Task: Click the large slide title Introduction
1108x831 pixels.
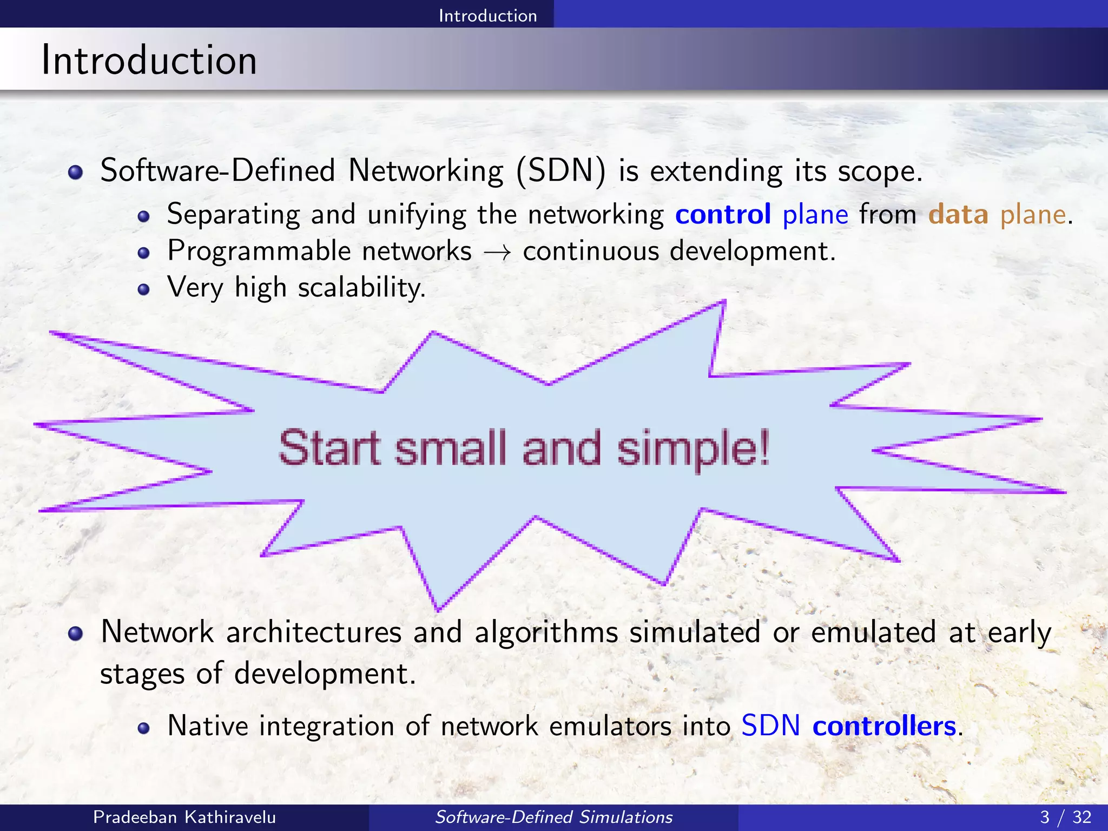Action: (149, 60)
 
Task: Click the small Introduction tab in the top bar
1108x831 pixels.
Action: (487, 15)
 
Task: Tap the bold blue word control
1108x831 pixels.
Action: (723, 214)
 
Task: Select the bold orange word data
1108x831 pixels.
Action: (958, 214)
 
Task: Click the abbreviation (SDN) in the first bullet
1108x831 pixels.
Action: (560, 171)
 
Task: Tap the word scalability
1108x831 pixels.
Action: (361, 287)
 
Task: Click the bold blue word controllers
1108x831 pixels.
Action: (884, 726)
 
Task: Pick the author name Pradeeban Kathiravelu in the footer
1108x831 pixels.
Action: (184, 817)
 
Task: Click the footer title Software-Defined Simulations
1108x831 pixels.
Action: (553, 817)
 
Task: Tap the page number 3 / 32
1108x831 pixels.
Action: (1065, 817)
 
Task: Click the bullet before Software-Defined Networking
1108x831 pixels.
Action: (75, 173)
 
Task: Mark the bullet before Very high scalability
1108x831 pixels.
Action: (143, 289)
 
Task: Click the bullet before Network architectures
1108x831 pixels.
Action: (75, 634)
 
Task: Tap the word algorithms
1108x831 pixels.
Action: (546, 632)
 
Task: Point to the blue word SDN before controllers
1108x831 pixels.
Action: (770, 726)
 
